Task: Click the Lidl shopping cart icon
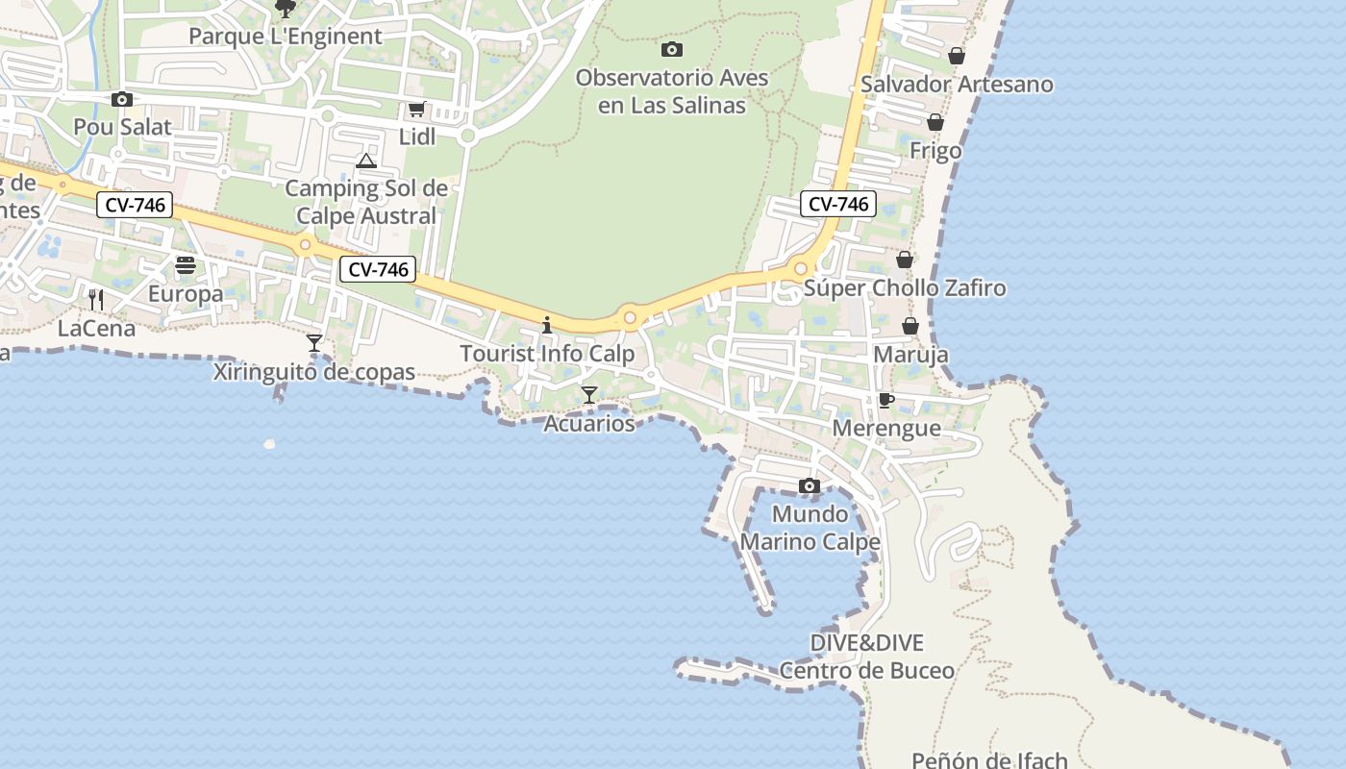click(416, 110)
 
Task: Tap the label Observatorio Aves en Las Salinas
click(672, 91)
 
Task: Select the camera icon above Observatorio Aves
click(672, 49)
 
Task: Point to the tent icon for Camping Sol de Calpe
click(366, 161)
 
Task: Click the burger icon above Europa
click(186, 265)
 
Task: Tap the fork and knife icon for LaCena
click(96, 300)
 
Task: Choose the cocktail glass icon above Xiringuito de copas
click(314, 343)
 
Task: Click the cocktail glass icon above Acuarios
click(589, 394)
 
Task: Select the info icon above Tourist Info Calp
click(547, 325)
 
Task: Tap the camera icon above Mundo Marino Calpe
click(810, 485)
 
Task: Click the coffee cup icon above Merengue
click(885, 400)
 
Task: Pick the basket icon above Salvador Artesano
click(956, 56)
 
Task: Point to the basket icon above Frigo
click(935, 122)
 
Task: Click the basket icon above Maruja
click(910, 326)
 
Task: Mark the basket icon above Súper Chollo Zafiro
click(904, 260)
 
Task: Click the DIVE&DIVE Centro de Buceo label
click(867, 657)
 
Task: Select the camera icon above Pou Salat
click(122, 99)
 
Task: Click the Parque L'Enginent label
click(286, 37)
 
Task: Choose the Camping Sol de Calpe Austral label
click(366, 202)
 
